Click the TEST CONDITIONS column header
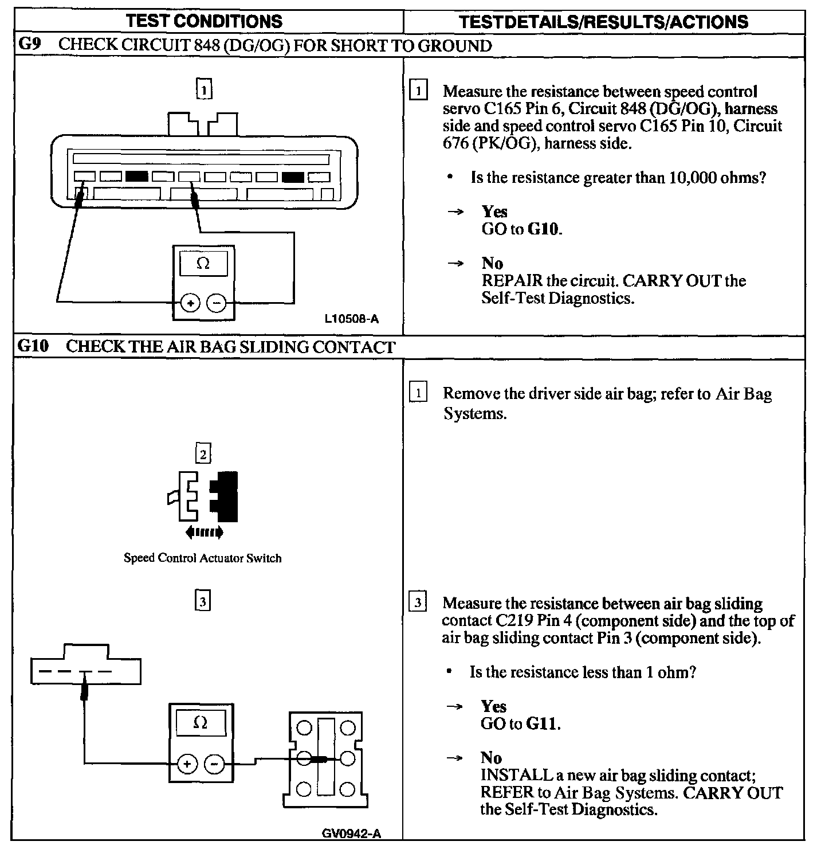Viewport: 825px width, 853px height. coord(204,22)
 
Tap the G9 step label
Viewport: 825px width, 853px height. coord(29,45)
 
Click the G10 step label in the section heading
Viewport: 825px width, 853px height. coord(33,346)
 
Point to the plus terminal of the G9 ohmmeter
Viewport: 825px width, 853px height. coord(190,303)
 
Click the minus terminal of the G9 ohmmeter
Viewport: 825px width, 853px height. coord(216,303)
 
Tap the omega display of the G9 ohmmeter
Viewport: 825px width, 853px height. coord(203,264)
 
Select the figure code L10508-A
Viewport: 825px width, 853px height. coord(351,319)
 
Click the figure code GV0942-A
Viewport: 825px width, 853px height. coord(351,834)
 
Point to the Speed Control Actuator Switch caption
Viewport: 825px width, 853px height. coord(203,558)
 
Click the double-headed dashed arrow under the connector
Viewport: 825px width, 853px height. coord(204,533)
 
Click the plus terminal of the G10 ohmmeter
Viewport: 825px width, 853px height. coord(187,764)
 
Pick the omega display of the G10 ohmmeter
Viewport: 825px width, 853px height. coord(201,723)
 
